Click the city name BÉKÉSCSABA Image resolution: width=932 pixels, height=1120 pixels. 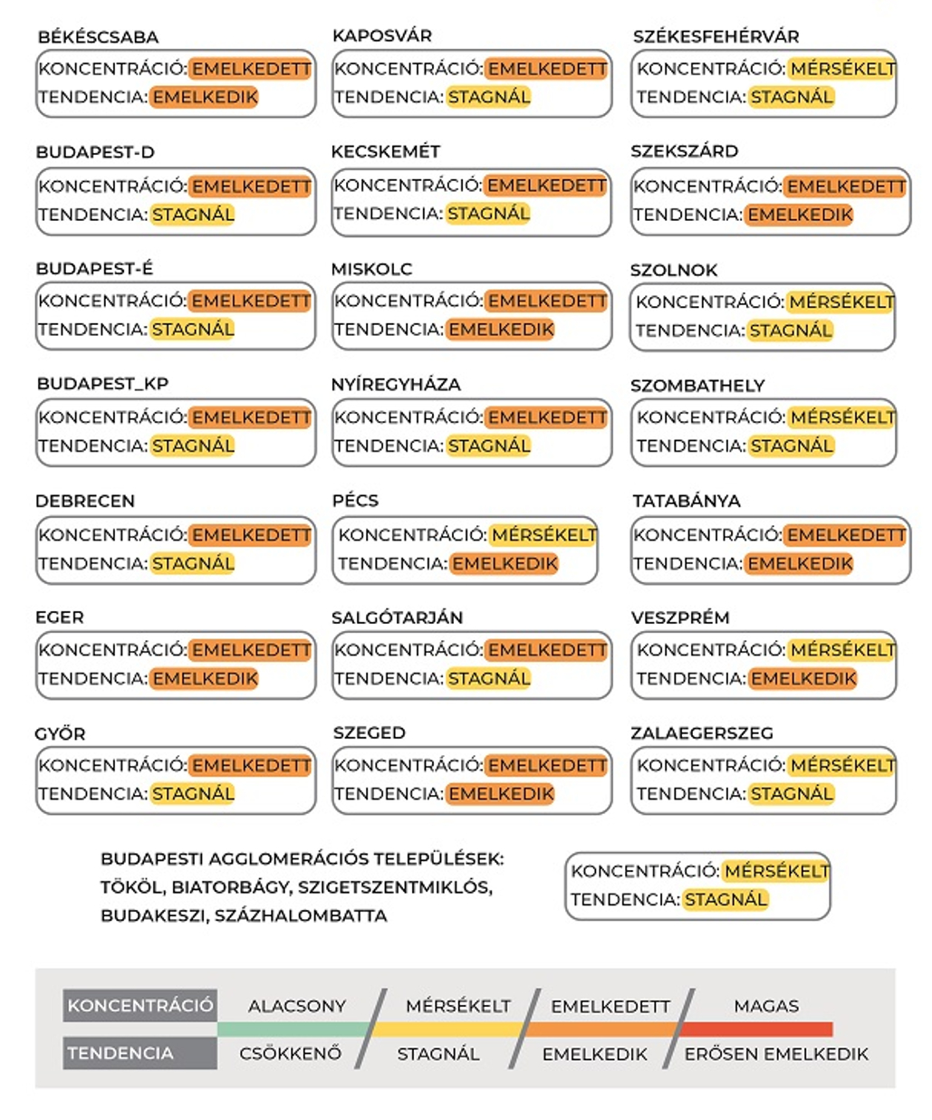tap(98, 37)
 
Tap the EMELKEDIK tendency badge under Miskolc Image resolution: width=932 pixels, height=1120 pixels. tap(500, 330)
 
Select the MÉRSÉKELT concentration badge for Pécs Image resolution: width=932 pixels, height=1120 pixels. tap(543, 535)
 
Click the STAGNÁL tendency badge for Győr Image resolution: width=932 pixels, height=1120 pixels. tap(192, 794)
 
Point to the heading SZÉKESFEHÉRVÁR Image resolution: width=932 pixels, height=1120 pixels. tap(716, 37)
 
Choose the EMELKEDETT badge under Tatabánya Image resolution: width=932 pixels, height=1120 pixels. tap(845, 535)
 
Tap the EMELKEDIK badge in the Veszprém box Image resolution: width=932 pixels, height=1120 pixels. tap(802, 678)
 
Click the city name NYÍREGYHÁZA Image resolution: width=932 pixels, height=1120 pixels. tap(396, 385)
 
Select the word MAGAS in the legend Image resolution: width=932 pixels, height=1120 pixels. tap(766, 1006)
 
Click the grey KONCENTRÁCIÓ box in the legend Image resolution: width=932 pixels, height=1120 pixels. tap(140, 1005)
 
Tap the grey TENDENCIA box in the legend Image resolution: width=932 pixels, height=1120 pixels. tap(140, 1053)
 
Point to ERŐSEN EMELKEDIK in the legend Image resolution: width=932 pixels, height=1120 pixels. tap(775, 1054)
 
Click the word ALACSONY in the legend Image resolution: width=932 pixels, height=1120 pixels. tap(297, 1006)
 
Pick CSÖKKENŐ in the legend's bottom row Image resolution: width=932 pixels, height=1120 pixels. tap(290, 1054)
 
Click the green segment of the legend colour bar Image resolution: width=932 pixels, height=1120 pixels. tap(293, 1029)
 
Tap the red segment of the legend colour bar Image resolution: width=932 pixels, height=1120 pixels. tap(755, 1029)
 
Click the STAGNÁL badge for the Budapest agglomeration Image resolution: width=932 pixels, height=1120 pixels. tap(725, 900)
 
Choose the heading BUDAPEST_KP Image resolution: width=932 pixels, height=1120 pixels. tap(102, 384)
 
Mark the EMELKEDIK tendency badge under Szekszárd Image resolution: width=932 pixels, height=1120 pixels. tap(799, 215)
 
